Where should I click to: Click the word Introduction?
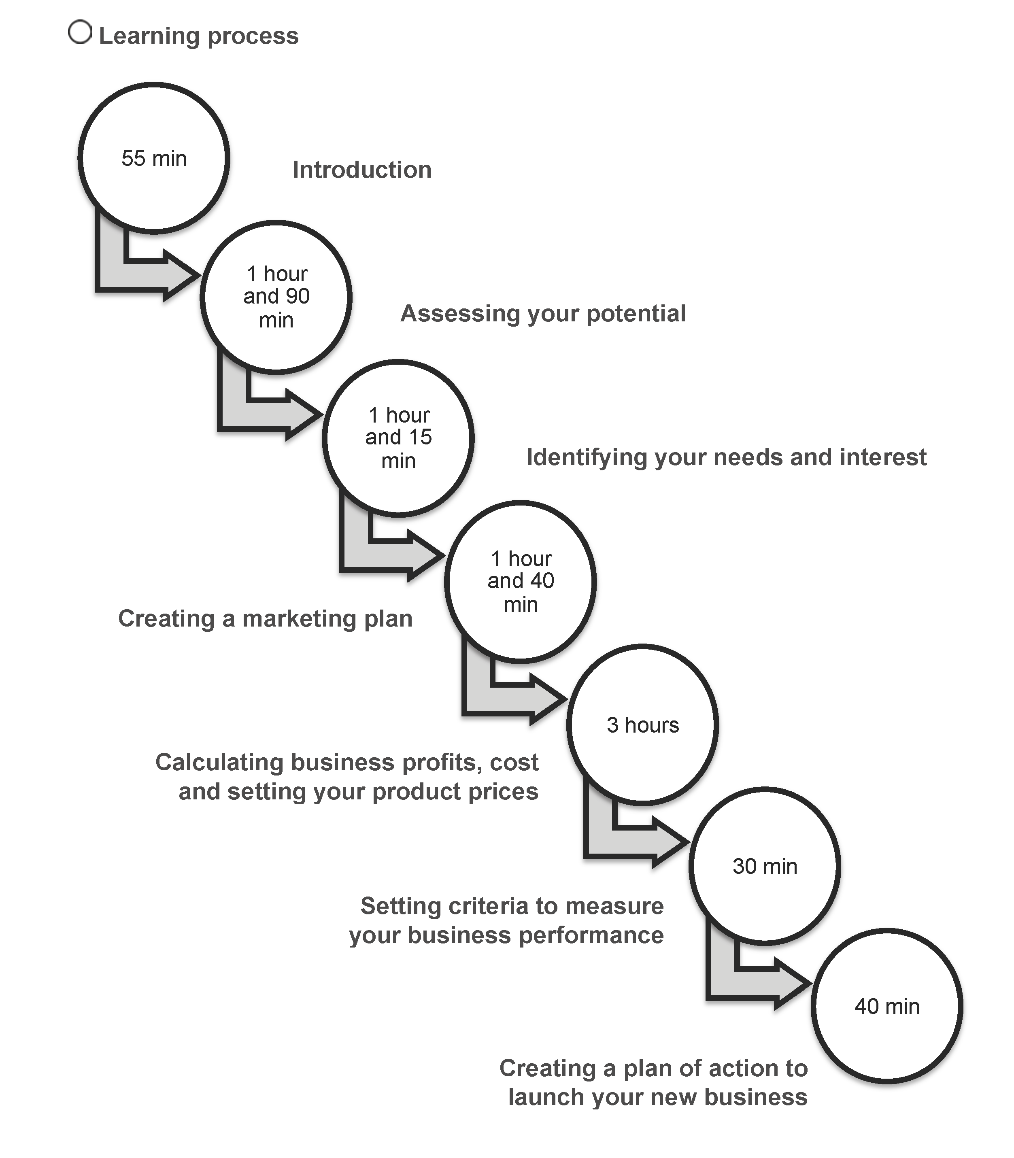(362, 170)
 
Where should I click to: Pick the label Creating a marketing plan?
(266, 619)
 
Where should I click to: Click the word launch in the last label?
(546, 1097)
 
